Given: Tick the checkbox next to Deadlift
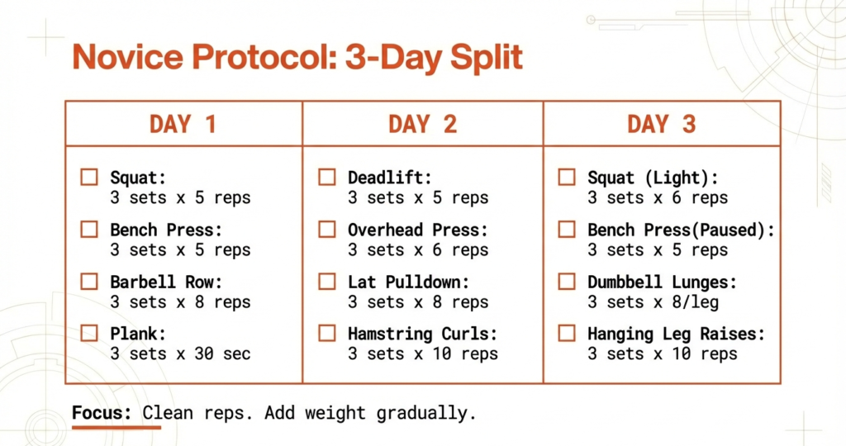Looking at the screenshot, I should click(327, 177).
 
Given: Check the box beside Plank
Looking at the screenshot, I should click(89, 334).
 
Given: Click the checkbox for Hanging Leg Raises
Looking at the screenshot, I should click(567, 334).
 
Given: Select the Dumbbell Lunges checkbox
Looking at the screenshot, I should click(567, 282).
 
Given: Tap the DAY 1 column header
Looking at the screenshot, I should click(183, 125).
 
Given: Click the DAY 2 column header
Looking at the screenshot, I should click(422, 125).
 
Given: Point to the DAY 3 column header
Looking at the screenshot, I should click(661, 125).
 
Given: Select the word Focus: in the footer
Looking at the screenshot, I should click(102, 412).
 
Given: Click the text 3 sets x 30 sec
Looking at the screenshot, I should click(180, 354).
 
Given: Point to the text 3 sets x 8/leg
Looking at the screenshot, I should click(653, 302).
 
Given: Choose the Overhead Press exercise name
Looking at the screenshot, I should click(417, 230).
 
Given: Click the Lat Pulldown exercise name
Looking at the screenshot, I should click(408, 282).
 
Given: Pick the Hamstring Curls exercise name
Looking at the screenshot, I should click(422, 334).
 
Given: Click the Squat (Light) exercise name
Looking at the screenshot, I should click(653, 178).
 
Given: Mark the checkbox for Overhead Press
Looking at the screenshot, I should click(327, 229).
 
